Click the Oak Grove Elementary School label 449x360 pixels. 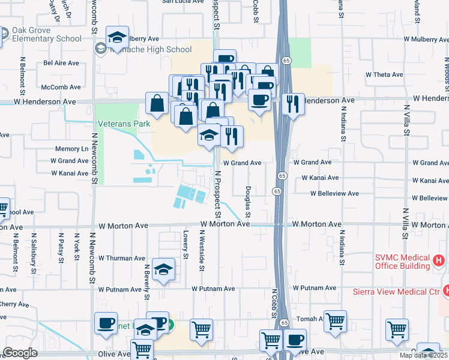point(44,35)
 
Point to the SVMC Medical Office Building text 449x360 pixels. point(402,262)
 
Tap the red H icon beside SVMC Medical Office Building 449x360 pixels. point(439,261)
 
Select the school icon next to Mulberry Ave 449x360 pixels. point(117,37)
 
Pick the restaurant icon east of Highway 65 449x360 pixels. point(292,104)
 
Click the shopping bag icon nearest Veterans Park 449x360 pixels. point(157,103)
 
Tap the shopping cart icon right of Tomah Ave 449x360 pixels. point(335,320)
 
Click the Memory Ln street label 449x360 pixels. point(71,149)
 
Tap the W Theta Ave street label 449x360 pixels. point(384,75)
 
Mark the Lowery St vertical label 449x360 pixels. point(186,245)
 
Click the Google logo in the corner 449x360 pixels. point(20,353)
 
